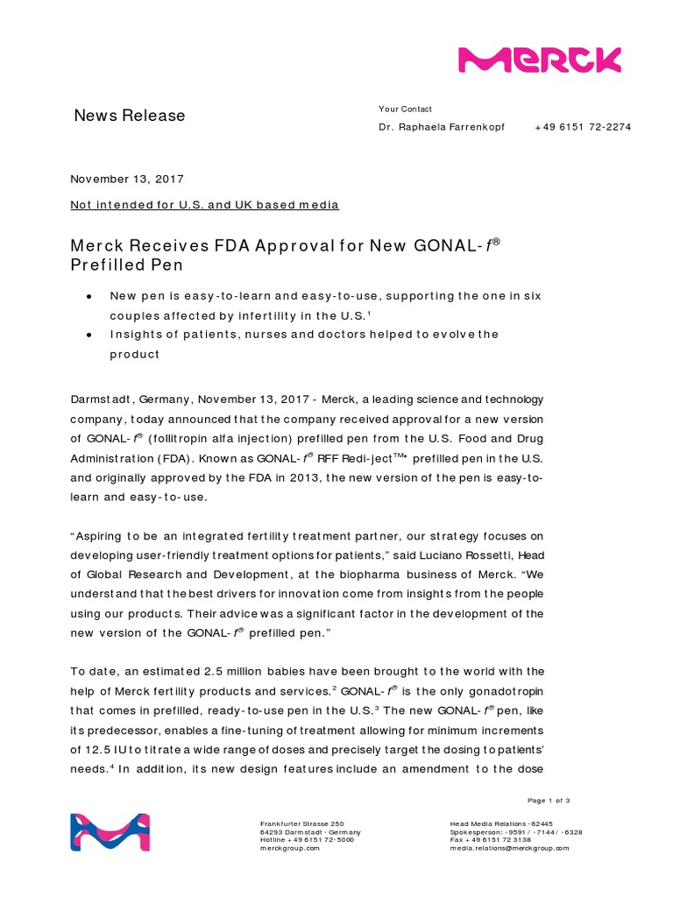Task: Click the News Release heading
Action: [129, 116]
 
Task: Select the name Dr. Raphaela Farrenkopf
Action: [441, 127]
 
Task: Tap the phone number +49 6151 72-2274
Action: [583, 127]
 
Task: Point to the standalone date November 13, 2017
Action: [127, 179]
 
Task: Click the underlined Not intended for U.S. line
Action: [204, 205]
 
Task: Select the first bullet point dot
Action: [89, 297]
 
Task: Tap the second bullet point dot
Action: [89, 335]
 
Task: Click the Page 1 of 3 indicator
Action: [549, 801]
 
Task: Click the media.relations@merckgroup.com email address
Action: [509, 848]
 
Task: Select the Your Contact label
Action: [405, 109]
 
